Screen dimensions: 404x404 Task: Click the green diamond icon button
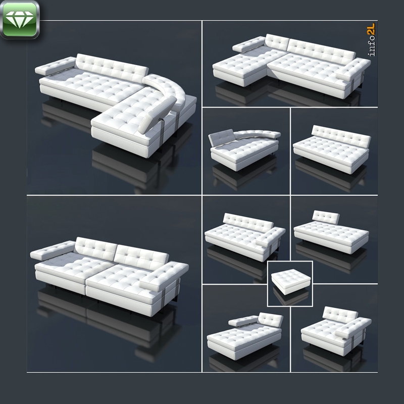[x=20, y=20]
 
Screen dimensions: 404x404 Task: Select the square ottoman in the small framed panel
[x=291, y=281]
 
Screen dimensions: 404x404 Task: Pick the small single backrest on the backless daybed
[x=326, y=218]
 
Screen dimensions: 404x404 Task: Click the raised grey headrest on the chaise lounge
[x=221, y=138]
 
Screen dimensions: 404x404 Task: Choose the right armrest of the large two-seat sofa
[x=164, y=276]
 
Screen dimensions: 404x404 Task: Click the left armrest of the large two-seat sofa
[x=53, y=250]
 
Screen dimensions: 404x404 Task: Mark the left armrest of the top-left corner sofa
[x=56, y=66]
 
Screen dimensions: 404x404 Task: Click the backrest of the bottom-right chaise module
[x=340, y=314]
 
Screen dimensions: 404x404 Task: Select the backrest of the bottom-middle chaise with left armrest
[x=271, y=320]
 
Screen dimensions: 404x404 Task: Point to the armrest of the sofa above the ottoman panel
[x=271, y=236]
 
